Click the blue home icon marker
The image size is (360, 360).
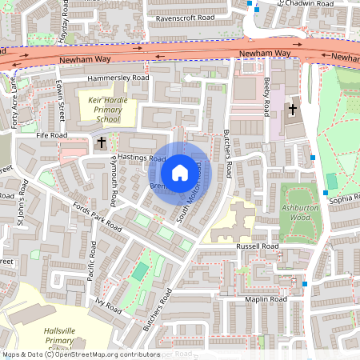click(x=180, y=172)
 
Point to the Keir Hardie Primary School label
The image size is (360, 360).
click(x=106, y=109)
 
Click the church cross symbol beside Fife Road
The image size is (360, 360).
click(x=101, y=142)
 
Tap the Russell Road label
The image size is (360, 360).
click(x=257, y=246)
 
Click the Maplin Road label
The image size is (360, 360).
click(x=266, y=299)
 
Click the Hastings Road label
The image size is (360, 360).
click(x=141, y=158)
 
